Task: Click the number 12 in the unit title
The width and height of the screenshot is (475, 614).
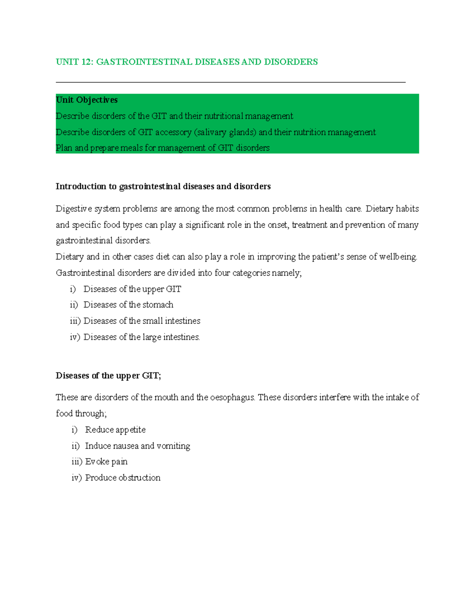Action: click(x=85, y=62)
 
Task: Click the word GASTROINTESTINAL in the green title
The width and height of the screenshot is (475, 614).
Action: click(x=144, y=62)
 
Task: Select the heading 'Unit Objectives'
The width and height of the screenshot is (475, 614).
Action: click(x=87, y=100)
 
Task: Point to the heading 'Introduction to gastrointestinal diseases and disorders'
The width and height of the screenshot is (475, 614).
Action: click(x=163, y=187)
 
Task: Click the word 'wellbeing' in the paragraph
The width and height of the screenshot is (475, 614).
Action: click(x=398, y=257)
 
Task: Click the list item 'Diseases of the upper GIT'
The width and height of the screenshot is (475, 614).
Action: click(x=132, y=289)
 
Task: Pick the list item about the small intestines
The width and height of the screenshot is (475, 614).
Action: click(x=142, y=321)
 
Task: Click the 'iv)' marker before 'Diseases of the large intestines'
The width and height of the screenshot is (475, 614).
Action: click(x=75, y=337)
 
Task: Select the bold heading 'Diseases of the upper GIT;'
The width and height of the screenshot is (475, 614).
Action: click(x=108, y=376)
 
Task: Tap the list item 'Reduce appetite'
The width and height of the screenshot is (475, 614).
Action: click(x=115, y=430)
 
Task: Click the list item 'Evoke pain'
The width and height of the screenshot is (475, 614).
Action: click(x=106, y=462)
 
